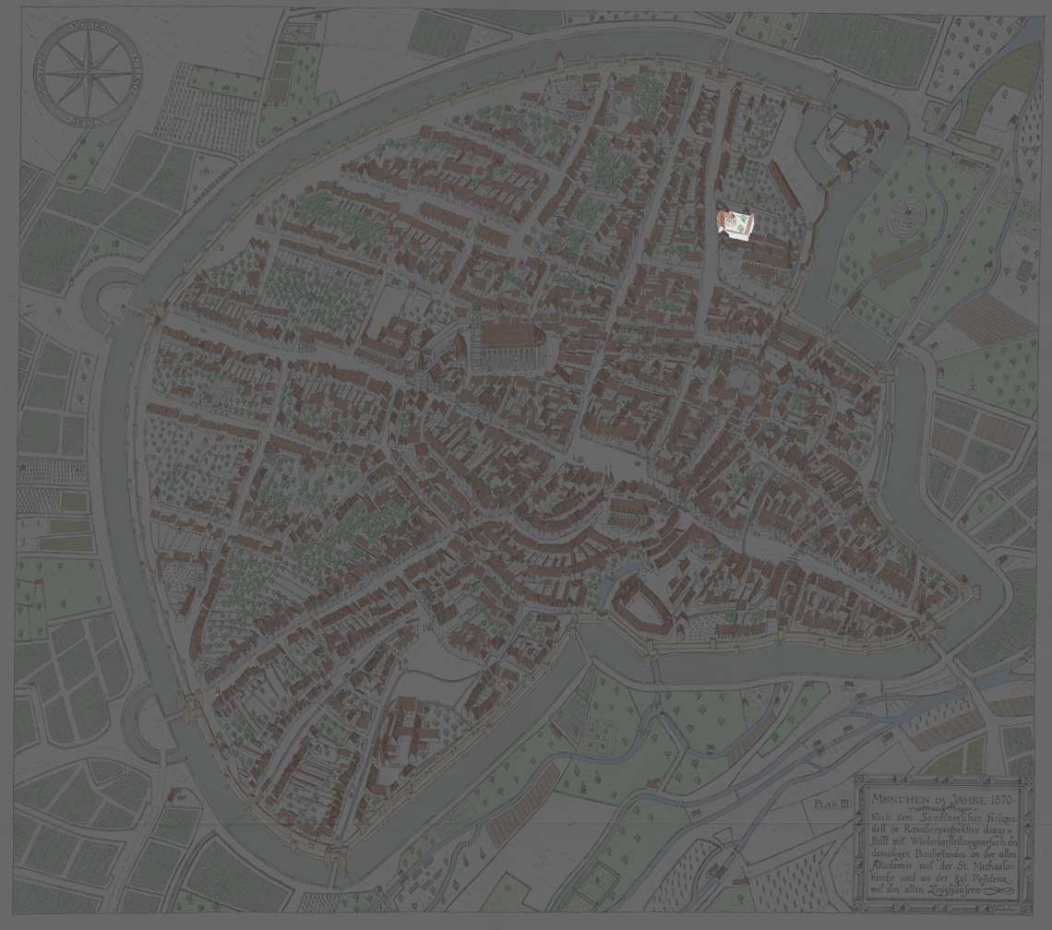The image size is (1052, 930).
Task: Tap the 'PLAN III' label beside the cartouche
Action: [831, 804]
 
